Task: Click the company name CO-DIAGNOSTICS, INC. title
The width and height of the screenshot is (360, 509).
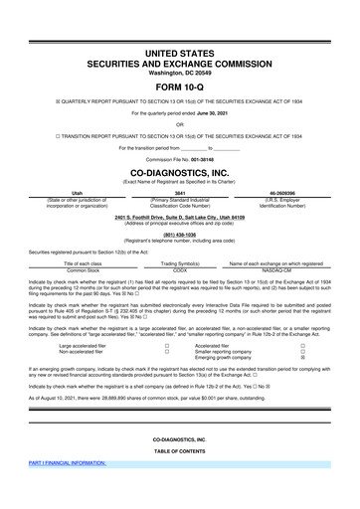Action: pos(180,171)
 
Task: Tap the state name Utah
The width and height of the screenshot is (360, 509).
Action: pos(63,193)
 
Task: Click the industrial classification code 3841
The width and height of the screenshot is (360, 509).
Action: pos(180,193)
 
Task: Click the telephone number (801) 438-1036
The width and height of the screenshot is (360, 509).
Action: pos(180,235)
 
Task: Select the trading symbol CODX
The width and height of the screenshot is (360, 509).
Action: pos(180,269)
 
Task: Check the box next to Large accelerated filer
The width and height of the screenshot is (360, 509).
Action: pos(167,346)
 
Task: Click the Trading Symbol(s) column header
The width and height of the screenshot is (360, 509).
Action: pos(180,263)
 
